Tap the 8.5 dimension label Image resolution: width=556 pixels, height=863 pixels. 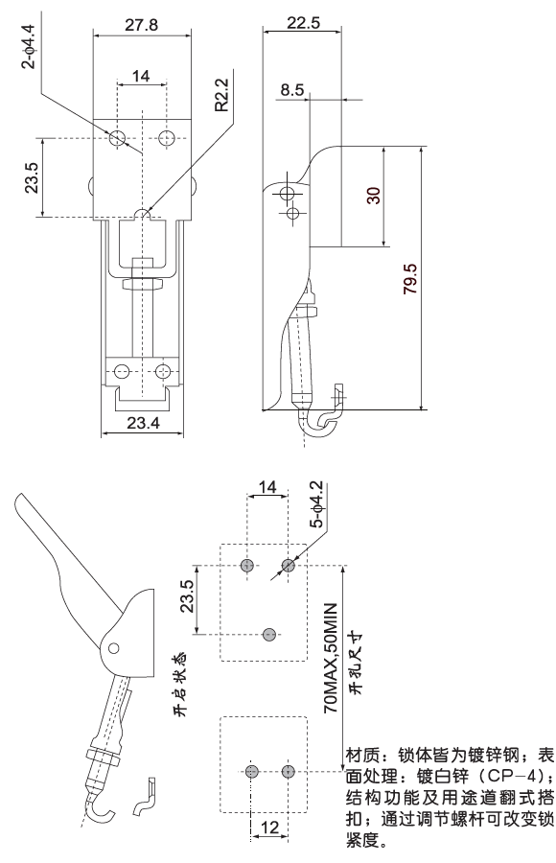point(292,90)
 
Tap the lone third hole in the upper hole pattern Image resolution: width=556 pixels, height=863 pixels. point(269,633)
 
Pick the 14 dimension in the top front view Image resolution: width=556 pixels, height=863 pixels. point(141,76)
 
